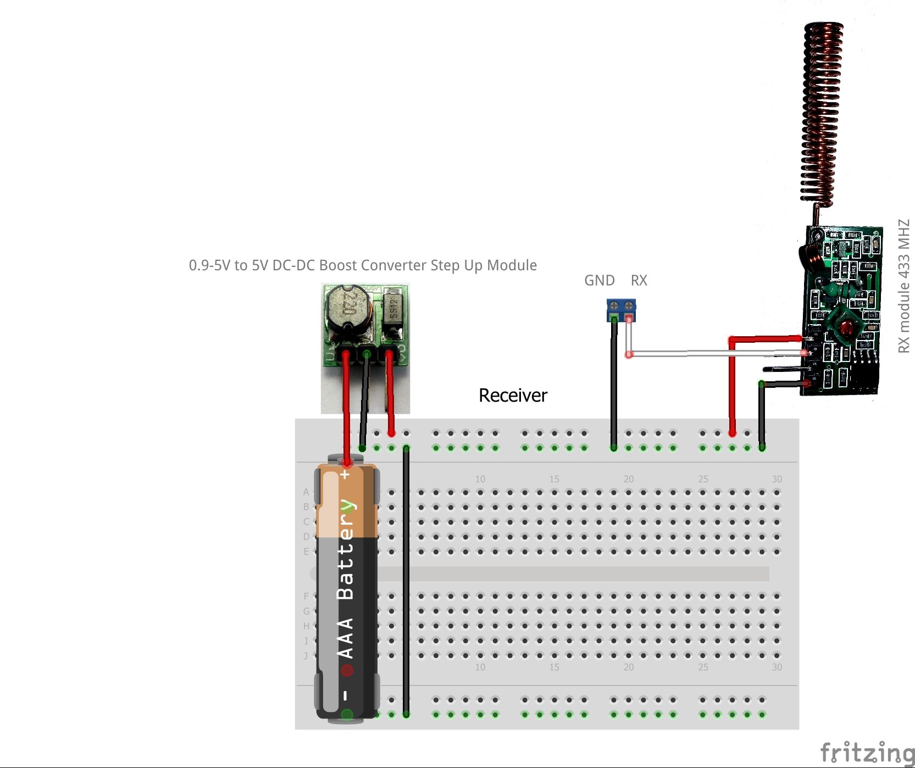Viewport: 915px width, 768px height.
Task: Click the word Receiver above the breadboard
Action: (513, 396)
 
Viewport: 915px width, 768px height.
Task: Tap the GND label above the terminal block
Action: (599, 281)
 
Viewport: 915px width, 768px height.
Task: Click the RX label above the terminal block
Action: (639, 281)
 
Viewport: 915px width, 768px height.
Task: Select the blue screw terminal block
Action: (621, 309)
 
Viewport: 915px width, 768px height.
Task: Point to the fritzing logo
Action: (867, 752)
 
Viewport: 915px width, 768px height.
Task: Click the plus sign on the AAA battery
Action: (345, 474)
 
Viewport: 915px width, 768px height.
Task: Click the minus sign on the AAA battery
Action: (345, 695)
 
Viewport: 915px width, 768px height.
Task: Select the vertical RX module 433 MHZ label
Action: (904, 286)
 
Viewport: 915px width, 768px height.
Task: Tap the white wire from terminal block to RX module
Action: (714, 353)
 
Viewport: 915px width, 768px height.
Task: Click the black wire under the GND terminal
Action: (614, 385)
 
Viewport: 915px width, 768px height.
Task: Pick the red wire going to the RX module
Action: (732, 385)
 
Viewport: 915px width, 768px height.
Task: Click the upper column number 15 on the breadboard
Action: (554, 479)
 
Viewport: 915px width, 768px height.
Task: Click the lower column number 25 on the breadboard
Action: (703, 667)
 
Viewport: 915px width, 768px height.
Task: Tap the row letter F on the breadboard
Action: (306, 596)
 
